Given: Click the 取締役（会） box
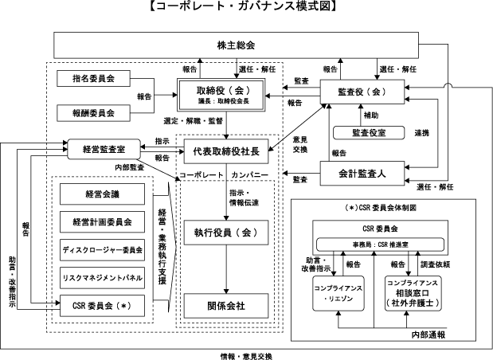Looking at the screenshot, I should coord(221,95).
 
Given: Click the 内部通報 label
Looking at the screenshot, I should coord(428,335).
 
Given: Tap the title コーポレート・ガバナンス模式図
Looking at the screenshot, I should coord(246,7).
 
